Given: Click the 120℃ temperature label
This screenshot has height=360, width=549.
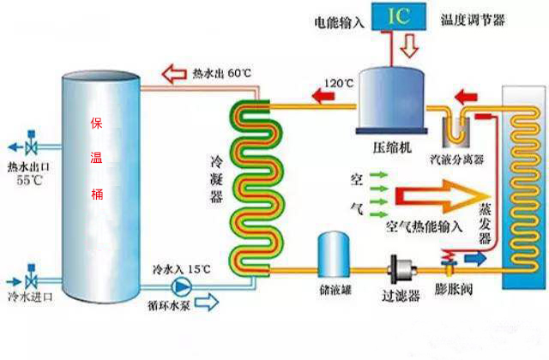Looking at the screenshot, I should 339,83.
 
